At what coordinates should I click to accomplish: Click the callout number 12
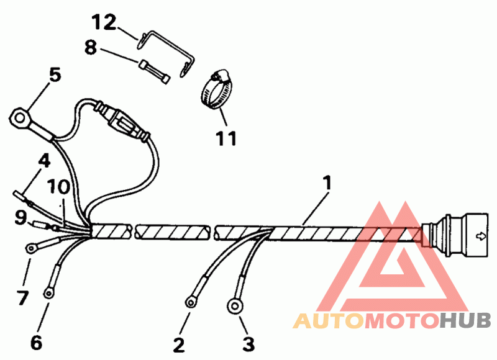pyautogui.click(x=104, y=24)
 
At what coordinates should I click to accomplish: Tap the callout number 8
pyautogui.click(x=91, y=47)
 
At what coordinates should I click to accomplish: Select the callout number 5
pyautogui.click(x=55, y=75)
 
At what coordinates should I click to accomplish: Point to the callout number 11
pyautogui.click(x=227, y=138)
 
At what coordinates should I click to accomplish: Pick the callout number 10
pyautogui.click(x=60, y=186)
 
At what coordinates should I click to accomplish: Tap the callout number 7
pyautogui.click(x=22, y=298)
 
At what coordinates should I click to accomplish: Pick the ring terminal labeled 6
pyautogui.click(x=48, y=293)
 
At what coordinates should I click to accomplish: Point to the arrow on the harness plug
pyautogui.click(x=480, y=235)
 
